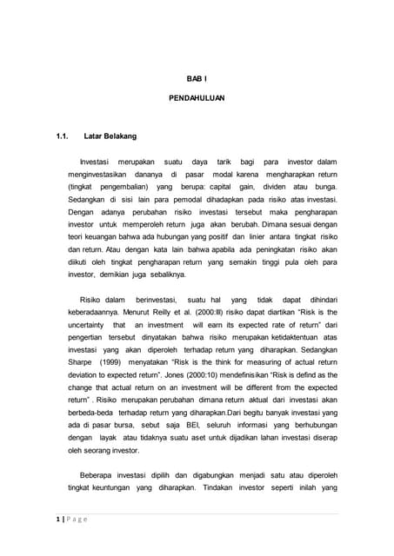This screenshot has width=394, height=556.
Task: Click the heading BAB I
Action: [196, 77]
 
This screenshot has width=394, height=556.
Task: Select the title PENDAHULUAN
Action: [196, 99]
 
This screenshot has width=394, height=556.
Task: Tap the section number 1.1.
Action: [62, 136]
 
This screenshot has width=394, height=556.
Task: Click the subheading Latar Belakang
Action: [110, 136]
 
